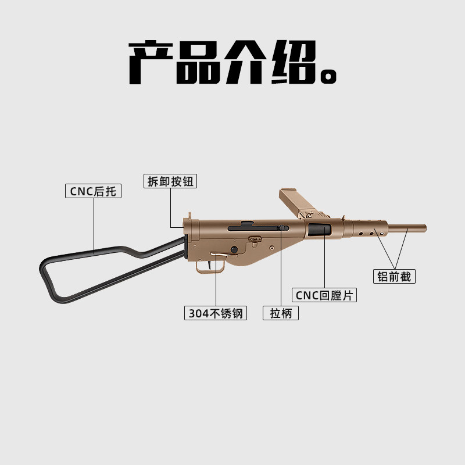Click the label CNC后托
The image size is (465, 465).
[x=93, y=191]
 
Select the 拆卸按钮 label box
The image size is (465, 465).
[x=170, y=181]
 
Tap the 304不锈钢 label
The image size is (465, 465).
[x=216, y=313]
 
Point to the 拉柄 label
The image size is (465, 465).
[x=281, y=313]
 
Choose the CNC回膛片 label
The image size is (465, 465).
[x=324, y=295]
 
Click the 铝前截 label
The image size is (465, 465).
[x=394, y=277]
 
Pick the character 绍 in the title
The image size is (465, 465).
[x=294, y=63]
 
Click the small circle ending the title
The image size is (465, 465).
[x=330, y=76]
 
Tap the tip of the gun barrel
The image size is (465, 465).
[x=424, y=228]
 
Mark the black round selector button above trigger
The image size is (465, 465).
[x=234, y=250]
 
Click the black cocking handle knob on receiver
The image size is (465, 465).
[x=281, y=228]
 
